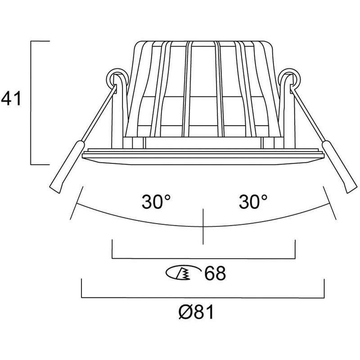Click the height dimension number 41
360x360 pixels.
[x=11, y=98]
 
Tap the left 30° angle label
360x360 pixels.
[x=156, y=202]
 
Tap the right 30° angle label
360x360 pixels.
[x=253, y=202]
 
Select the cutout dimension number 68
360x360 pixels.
[x=215, y=273]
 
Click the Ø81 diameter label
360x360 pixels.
[x=196, y=312]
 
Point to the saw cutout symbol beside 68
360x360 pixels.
[x=183, y=273]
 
